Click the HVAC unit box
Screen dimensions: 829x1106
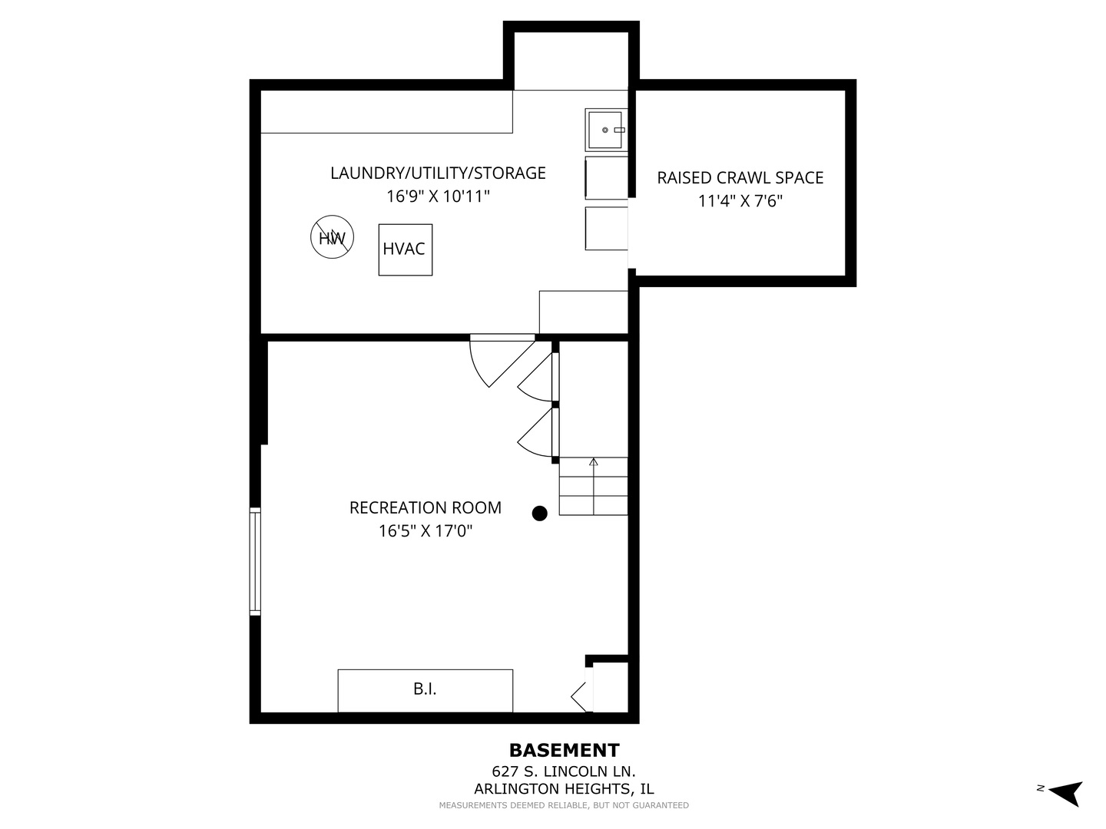click(405, 249)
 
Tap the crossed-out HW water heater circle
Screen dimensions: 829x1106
click(332, 237)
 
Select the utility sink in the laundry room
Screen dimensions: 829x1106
click(606, 130)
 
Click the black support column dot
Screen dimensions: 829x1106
click(540, 514)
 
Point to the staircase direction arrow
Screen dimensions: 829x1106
click(593, 463)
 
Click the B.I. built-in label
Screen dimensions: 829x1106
click(425, 689)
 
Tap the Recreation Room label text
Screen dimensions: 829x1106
click(425, 507)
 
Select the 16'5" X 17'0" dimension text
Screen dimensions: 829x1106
click(425, 530)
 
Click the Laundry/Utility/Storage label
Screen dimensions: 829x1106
click(438, 173)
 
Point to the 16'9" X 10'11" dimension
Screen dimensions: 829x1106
click(438, 197)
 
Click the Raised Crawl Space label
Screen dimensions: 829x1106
click(740, 177)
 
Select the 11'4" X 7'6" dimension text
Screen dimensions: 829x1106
click(740, 201)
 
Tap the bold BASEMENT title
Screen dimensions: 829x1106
click(564, 750)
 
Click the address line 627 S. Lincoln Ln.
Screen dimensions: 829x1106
click(564, 771)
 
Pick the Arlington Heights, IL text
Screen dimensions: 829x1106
click(564, 788)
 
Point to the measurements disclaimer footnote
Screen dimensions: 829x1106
click(564, 805)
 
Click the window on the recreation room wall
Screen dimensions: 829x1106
click(255, 561)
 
